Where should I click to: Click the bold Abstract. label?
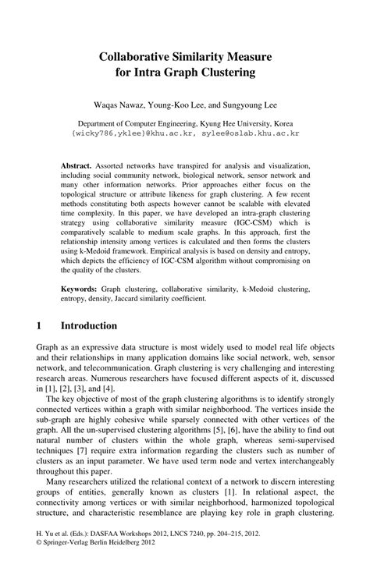(x=77, y=167)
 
